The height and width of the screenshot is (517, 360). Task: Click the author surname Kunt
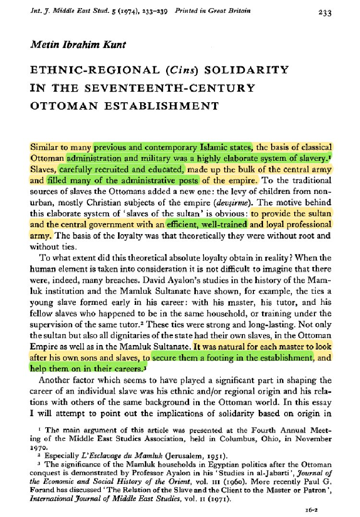(112, 45)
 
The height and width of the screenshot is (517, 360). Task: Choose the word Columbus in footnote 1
(251, 438)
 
